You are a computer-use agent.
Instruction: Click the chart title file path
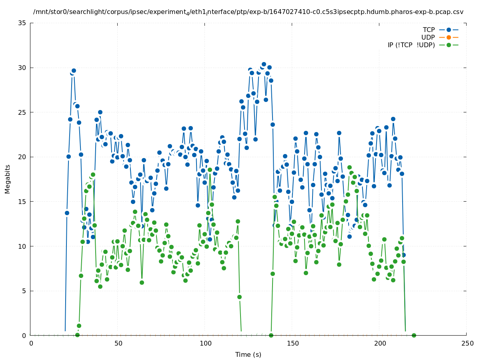248,12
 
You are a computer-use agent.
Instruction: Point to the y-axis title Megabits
8,179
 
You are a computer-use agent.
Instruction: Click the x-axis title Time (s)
248,354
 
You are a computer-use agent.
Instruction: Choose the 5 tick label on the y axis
24,291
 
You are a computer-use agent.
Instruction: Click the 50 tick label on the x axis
118,343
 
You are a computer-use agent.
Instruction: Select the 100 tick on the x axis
205,343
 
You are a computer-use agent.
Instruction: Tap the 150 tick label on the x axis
293,343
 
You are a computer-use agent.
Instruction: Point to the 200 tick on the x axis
380,343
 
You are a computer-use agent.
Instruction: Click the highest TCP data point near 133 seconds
264,64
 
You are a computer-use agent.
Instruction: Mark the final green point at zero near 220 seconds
414,335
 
